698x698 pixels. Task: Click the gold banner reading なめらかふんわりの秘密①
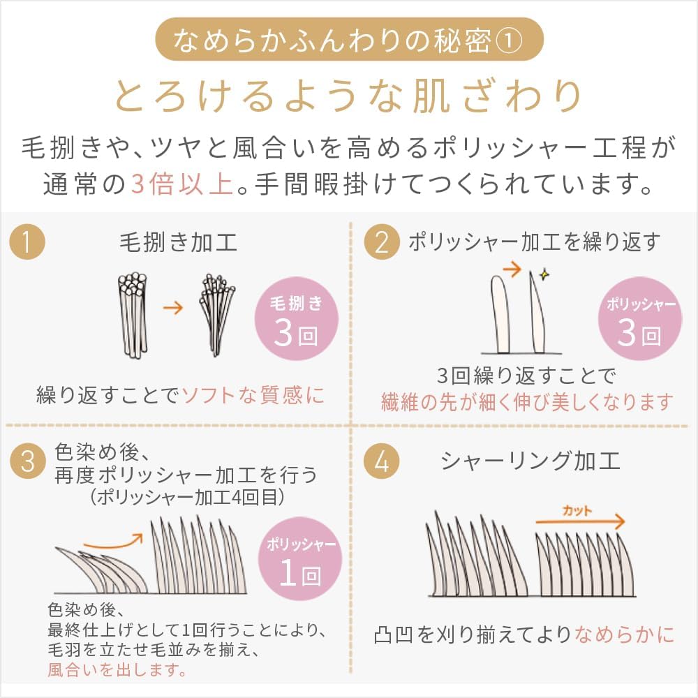(x=349, y=39)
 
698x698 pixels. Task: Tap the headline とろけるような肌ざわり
(x=348, y=96)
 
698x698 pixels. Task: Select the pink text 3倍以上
(x=182, y=184)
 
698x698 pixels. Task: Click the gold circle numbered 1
(x=27, y=242)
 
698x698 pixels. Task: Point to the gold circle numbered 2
(x=382, y=242)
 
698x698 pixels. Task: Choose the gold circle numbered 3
(x=28, y=461)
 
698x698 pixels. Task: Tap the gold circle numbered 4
(x=382, y=461)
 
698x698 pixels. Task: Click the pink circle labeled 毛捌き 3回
(x=297, y=319)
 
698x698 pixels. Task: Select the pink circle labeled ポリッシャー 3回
(x=640, y=319)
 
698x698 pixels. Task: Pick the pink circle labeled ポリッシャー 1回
(x=300, y=558)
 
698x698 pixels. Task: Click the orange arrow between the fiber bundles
(x=172, y=307)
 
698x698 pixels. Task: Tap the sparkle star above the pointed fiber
(x=544, y=274)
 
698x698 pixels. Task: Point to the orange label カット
(x=577, y=511)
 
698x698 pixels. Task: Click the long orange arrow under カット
(x=580, y=521)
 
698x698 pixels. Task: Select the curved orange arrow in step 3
(x=113, y=542)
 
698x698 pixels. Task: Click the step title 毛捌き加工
(x=178, y=243)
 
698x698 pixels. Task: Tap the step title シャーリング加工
(x=530, y=461)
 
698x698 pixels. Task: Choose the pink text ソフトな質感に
(x=253, y=395)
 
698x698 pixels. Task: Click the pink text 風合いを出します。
(x=117, y=670)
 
